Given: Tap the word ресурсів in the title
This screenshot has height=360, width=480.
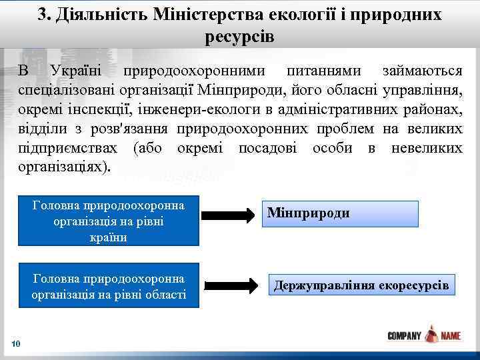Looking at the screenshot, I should [240, 36].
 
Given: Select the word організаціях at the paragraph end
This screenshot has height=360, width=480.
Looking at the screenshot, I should [65, 167].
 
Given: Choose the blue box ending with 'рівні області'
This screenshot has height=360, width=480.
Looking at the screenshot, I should [108, 286].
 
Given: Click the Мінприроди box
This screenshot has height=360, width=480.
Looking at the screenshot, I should [340, 214].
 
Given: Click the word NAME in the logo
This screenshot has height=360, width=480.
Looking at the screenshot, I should [450, 336].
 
